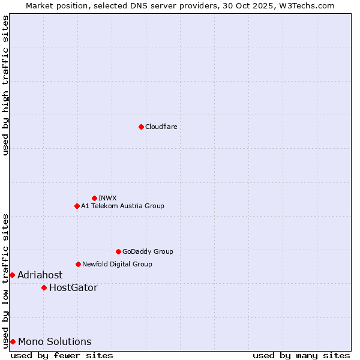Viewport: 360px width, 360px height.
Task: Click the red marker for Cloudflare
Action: click(x=141, y=127)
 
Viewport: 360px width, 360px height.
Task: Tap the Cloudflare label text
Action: click(x=161, y=127)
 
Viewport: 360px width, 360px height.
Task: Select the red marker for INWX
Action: click(x=94, y=198)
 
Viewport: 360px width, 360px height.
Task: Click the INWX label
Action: click(x=107, y=198)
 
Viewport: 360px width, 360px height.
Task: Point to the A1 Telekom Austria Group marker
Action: click(x=77, y=206)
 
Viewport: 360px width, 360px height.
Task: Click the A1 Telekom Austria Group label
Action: click(x=122, y=206)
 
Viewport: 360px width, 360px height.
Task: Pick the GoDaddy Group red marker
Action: click(x=118, y=251)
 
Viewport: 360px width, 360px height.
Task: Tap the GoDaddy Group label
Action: click(x=148, y=251)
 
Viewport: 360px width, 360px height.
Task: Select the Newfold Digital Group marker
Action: click(x=78, y=264)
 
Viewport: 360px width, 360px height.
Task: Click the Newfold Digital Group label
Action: click(x=117, y=264)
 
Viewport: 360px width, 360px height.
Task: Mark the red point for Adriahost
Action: click(x=12, y=275)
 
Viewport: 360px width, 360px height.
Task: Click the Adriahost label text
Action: click(x=40, y=275)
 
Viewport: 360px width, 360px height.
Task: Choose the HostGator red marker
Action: click(x=44, y=287)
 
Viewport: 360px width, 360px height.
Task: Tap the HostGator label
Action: click(x=73, y=287)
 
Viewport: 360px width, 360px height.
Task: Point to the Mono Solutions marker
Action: click(x=12, y=341)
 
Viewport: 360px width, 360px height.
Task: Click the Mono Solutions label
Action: click(x=55, y=341)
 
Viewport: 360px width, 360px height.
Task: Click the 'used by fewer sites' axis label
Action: click(x=62, y=355)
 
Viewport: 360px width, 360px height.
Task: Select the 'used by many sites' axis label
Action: click(x=301, y=355)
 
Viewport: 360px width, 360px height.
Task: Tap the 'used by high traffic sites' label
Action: click(x=5, y=85)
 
